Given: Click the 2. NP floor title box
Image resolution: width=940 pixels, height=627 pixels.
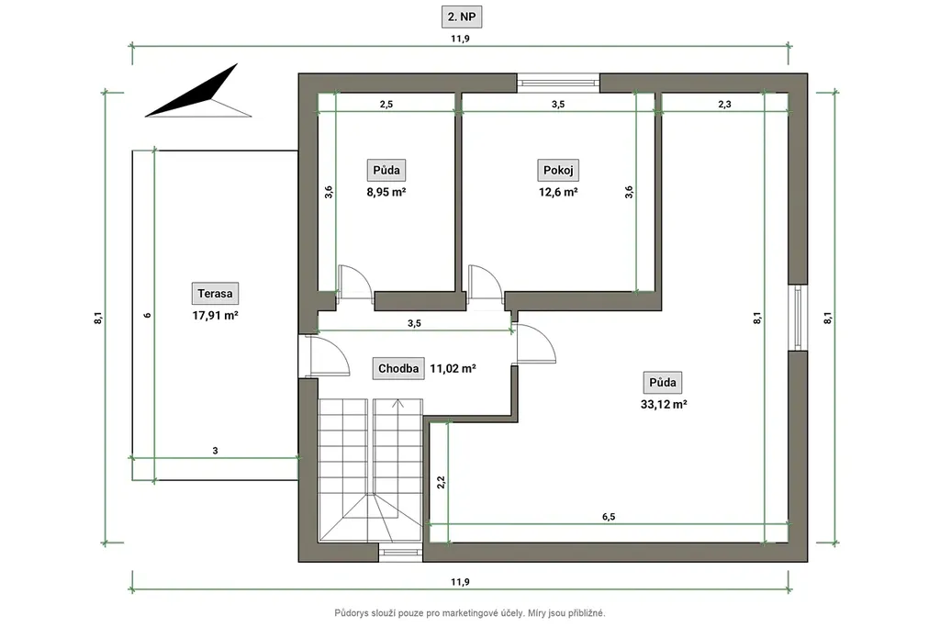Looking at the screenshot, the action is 462,17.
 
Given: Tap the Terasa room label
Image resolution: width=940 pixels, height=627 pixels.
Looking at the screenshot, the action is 215,294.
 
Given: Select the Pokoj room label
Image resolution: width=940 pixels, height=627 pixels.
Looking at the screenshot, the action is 558,170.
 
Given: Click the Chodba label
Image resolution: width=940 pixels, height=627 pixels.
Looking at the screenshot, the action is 398,369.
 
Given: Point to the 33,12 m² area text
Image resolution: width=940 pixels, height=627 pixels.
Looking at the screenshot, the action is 664,405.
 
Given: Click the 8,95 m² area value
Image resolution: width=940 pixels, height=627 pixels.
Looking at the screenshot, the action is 386,193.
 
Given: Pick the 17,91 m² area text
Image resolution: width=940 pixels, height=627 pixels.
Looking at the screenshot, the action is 215,315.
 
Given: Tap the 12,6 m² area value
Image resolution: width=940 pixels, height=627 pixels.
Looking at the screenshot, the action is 558,193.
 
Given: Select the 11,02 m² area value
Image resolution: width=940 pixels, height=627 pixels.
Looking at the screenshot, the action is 453,369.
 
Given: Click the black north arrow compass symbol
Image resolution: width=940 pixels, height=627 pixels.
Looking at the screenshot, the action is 198,91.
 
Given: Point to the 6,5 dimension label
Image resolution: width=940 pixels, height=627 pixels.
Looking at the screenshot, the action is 609,517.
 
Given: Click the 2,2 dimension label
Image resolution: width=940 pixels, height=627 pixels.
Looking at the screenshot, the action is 442,482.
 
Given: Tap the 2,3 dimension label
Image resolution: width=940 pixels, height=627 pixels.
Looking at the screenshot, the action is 725,105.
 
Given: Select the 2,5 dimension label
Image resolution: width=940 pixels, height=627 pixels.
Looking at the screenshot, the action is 386,105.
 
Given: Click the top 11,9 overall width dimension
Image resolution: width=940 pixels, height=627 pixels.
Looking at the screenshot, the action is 461,39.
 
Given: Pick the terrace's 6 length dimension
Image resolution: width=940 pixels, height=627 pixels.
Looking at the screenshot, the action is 148,315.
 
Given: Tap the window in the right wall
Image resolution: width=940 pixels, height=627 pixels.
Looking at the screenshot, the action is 798,317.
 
